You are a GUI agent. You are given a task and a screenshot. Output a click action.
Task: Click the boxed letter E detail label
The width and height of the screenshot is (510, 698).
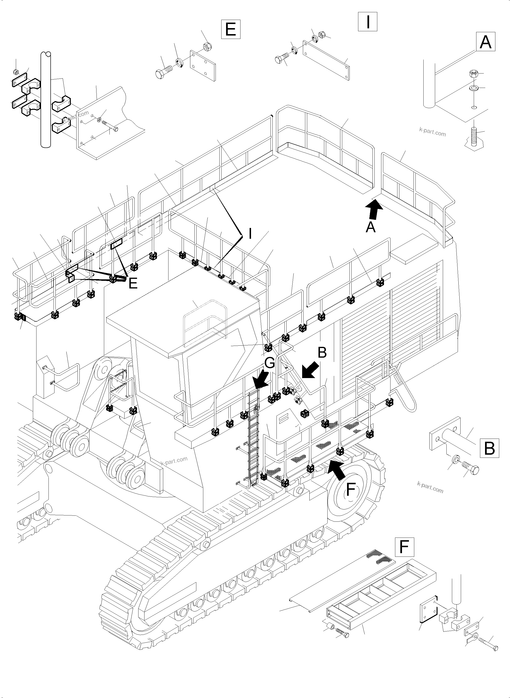pyautogui.click(x=231, y=29)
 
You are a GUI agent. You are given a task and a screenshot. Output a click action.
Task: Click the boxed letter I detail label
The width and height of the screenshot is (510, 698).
pyautogui.click(x=367, y=22)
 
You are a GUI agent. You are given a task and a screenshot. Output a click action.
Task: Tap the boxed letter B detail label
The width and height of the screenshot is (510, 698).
pyautogui.click(x=489, y=448)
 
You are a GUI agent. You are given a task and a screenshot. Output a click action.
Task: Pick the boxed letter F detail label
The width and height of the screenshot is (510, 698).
pyautogui.click(x=404, y=547)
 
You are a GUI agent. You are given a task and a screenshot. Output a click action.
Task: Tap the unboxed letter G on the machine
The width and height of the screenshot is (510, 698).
pyautogui.click(x=270, y=363)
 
